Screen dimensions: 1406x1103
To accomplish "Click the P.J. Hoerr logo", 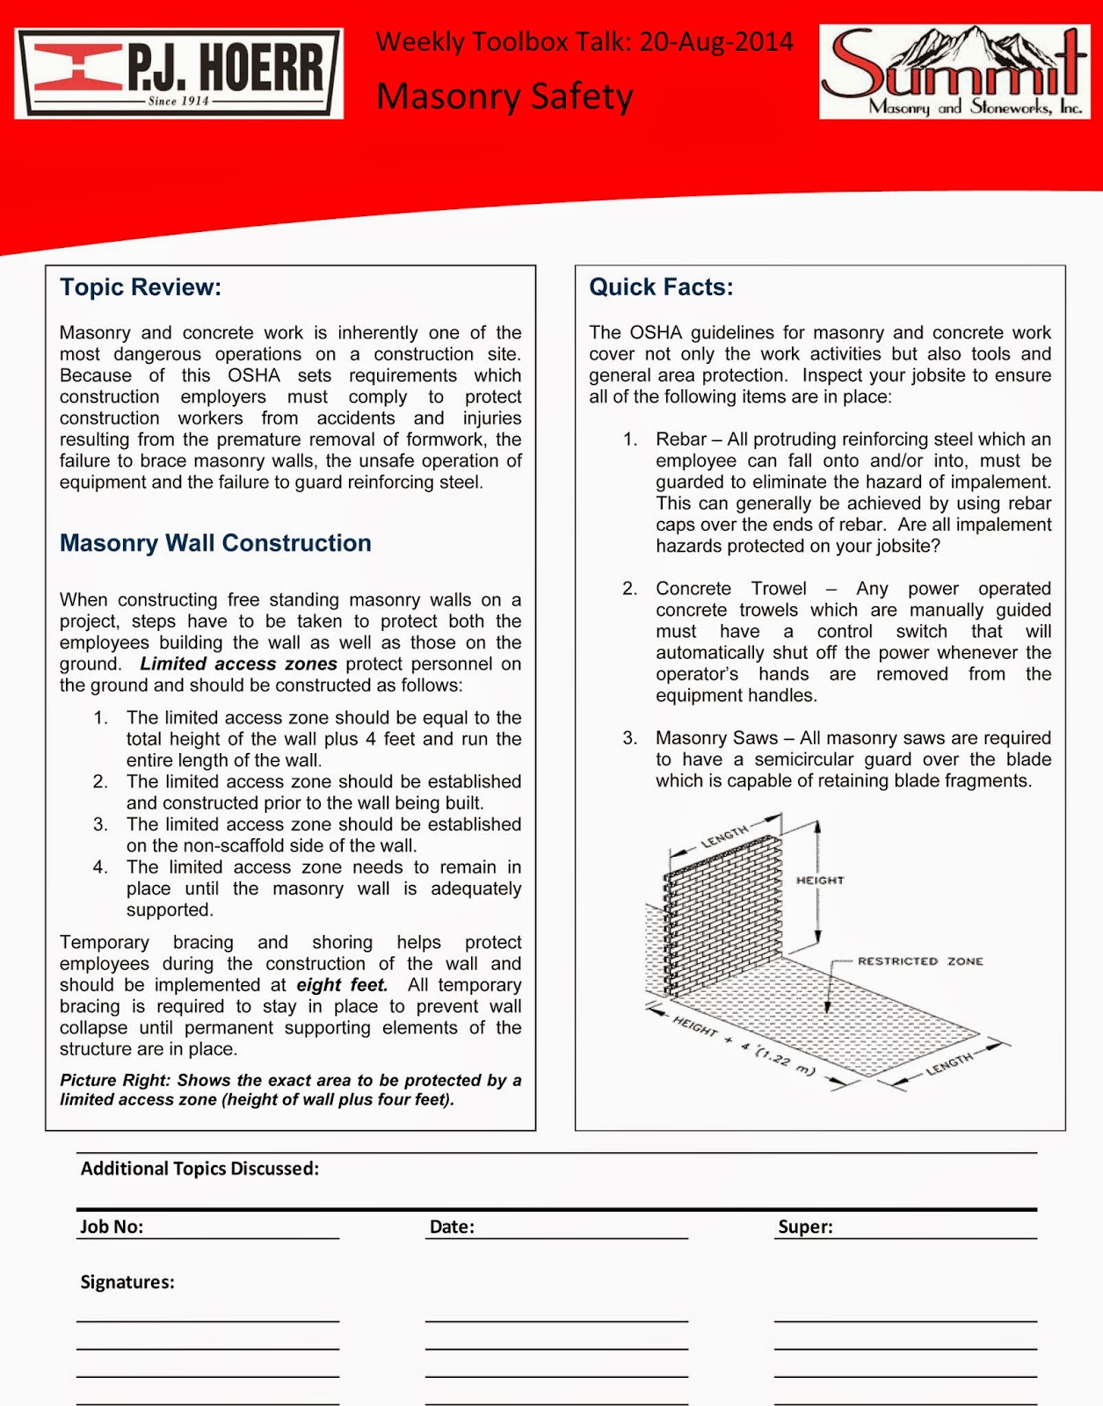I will pyautogui.click(x=178, y=74).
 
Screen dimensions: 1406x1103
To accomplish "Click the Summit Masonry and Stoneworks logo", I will pyautogui.click(x=954, y=72).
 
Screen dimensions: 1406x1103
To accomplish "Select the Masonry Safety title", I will pyautogui.click(x=504, y=96).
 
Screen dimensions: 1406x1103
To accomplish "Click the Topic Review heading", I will pyautogui.click(x=141, y=287).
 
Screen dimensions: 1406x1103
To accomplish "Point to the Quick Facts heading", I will pyautogui.click(x=661, y=287).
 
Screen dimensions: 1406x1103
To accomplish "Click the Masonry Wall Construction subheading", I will pyautogui.click(x=215, y=543).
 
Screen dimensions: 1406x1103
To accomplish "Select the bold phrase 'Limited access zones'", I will pyautogui.click(x=239, y=664).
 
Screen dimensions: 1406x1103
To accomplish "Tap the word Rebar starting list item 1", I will pyautogui.click(x=681, y=439).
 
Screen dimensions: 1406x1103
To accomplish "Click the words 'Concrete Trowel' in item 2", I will pyautogui.click(x=730, y=589).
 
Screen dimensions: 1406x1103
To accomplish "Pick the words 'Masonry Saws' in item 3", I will pyautogui.click(x=716, y=738).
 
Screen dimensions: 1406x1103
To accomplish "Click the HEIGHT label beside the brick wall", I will pyautogui.click(x=820, y=881).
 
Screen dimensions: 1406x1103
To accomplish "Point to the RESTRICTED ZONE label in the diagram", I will pyautogui.click(x=919, y=961).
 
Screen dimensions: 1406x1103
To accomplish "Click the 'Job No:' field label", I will pyautogui.click(x=112, y=1227).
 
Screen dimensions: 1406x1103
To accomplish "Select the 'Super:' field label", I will pyautogui.click(x=805, y=1227).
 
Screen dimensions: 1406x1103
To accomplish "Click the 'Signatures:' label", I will pyautogui.click(x=127, y=1282).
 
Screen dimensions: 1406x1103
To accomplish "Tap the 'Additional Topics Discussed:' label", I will pyautogui.click(x=200, y=1169).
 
